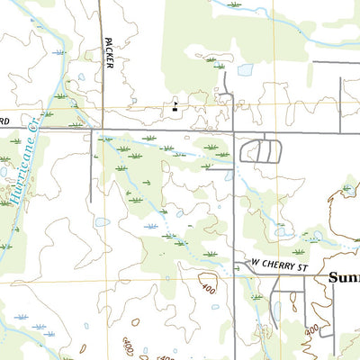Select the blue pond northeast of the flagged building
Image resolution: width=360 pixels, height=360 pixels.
point(244,69)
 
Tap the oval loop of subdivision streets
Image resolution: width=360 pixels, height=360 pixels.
point(262,150)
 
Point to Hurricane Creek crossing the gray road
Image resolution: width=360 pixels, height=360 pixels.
point(40,130)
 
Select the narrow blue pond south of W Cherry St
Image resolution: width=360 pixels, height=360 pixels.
point(277,310)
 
